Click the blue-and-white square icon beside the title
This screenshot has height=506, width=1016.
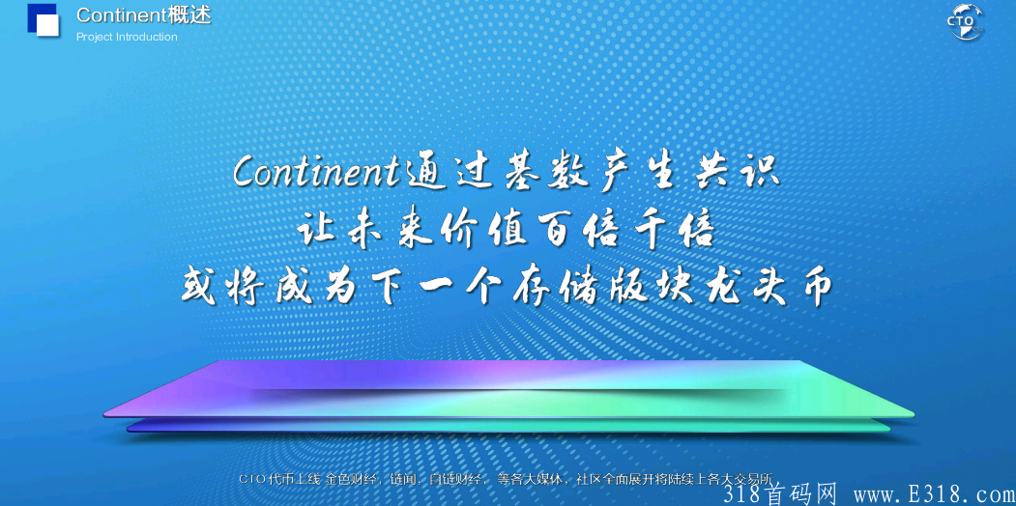point(43,20)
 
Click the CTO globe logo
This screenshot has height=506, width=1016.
point(964,22)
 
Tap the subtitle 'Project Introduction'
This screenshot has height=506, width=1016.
point(127,37)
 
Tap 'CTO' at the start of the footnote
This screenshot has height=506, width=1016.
point(251,478)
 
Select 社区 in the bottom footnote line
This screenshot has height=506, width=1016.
point(588,478)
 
